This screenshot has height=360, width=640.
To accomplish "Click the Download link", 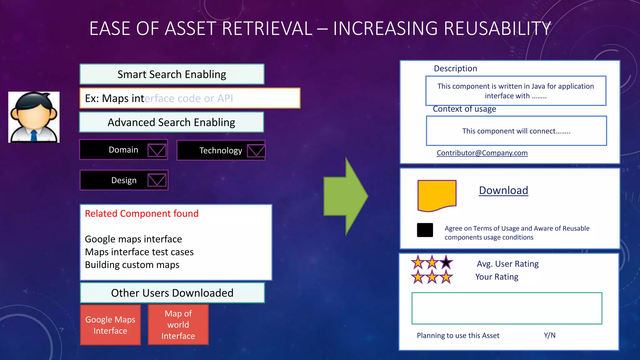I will coord(503,190).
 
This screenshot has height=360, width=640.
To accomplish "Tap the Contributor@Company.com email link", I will coord(482,153).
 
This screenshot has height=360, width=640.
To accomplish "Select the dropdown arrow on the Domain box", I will coord(157,150).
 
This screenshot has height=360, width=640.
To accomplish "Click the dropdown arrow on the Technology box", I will coord(256,151).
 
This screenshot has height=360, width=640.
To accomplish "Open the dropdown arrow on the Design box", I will coord(157,180).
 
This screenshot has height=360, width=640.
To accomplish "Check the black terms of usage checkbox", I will coord(425,230).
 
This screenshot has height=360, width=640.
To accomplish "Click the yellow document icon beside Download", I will coord(437,195).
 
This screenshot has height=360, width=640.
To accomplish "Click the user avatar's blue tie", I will coord(34,136).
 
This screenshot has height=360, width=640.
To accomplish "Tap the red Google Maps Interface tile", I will coord(110,325).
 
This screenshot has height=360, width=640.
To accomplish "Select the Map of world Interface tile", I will coord(178,325).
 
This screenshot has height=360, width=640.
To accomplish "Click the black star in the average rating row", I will coord(446,262).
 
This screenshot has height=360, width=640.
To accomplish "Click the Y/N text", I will coord(549,335).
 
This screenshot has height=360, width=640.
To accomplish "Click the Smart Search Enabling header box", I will coord(172,74).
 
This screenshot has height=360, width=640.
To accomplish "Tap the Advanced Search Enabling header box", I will coord(171,122).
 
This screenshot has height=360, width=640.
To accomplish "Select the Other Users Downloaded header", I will coord(172,293).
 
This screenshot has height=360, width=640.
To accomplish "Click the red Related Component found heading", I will coord(142,213).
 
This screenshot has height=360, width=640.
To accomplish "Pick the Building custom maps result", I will coord(132,265).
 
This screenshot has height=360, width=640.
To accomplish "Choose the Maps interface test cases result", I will coord(139,252).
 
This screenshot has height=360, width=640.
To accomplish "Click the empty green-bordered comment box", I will coord(507,308).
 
